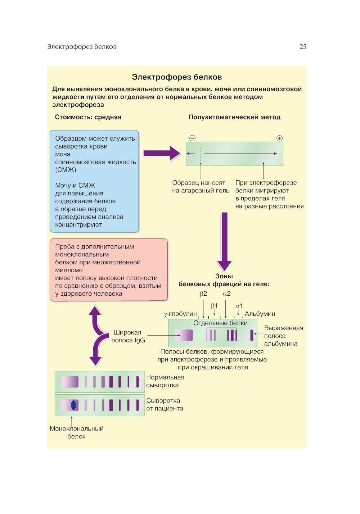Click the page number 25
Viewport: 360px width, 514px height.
303,46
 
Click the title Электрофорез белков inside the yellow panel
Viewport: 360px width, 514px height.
177,77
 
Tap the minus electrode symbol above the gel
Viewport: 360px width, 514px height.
193,138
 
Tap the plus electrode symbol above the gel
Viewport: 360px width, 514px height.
279,138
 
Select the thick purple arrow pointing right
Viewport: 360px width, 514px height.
162,154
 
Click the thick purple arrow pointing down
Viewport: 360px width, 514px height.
224,241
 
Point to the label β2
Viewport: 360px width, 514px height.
203,294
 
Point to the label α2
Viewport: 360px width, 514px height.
227,294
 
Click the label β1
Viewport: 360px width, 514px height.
214,306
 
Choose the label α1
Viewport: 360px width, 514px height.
239,306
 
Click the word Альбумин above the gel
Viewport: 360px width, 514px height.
260,314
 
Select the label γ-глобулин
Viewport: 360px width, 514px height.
180,314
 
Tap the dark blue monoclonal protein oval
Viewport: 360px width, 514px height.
74,405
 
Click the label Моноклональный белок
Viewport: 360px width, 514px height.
76,432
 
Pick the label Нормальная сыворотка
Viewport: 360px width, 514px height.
165,381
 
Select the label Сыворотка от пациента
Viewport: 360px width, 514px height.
165,405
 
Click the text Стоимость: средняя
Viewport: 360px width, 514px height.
88,117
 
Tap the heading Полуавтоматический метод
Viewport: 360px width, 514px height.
234,117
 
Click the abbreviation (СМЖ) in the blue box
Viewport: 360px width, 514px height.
66,170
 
